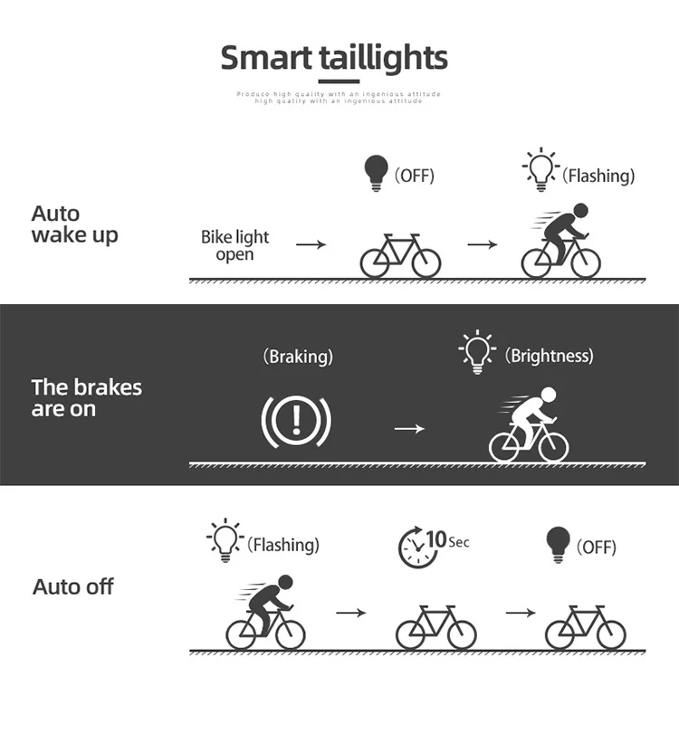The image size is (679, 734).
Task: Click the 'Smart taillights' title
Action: pyautogui.click(x=334, y=58)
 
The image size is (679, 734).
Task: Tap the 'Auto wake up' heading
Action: pyautogui.click(x=74, y=224)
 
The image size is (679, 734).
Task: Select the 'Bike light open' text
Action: pyautogui.click(x=234, y=245)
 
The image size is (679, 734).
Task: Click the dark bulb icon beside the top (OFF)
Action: pyautogui.click(x=374, y=172)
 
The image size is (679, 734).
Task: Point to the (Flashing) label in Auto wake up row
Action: pyautogui.click(x=598, y=176)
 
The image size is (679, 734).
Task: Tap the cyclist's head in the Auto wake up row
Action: pyautogui.click(x=579, y=211)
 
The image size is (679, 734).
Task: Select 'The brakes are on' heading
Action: pyautogui.click(x=86, y=398)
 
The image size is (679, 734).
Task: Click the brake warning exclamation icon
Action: pyautogui.click(x=296, y=421)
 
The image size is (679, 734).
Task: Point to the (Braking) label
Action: pyautogui.click(x=297, y=357)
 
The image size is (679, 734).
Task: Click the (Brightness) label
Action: pyautogui.click(x=549, y=356)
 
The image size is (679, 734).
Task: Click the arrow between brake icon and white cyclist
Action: pyautogui.click(x=409, y=427)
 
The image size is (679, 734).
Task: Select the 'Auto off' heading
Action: pyautogui.click(x=73, y=586)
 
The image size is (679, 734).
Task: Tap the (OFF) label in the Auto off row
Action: pyautogui.click(x=596, y=547)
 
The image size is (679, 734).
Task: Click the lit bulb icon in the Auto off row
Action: pyautogui.click(x=224, y=540)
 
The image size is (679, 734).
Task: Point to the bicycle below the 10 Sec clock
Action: pyautogui.click(x=435, y=627)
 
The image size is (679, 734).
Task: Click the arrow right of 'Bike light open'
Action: pyautogui.click(x=310, y=244)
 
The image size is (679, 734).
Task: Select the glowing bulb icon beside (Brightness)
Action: pyautogui.click(x=476, y=350)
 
